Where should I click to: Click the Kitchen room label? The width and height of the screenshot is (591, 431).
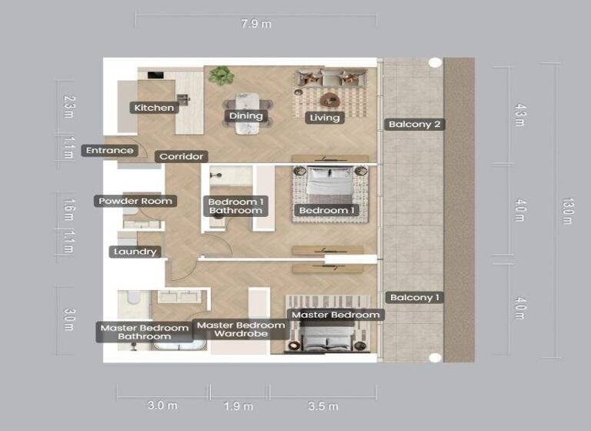(154, 108)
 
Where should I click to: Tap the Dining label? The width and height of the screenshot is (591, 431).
(246, 116)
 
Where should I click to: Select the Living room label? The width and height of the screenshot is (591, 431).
(324, 118)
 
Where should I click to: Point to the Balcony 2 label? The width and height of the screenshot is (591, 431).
(415, 124)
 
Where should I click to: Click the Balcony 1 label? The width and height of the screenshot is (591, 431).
(415, 298)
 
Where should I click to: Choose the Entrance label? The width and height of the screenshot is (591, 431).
(109, 151)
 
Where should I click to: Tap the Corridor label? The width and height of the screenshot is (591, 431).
(181, 157)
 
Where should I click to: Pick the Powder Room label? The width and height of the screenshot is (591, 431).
(135, 202)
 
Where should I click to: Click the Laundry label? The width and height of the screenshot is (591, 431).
(135, 252)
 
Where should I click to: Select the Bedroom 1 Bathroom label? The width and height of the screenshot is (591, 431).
(236, 206)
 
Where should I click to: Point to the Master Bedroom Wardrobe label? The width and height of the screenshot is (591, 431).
(240, 329)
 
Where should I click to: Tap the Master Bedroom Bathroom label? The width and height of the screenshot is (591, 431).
(145, 332)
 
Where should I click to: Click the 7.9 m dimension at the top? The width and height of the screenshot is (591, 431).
(256, 24)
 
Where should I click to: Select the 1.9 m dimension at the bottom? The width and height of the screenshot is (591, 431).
(239, 406)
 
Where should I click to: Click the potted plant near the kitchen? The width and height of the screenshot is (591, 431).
(222, 75)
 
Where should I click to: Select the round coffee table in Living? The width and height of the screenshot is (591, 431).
(331, 99)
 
